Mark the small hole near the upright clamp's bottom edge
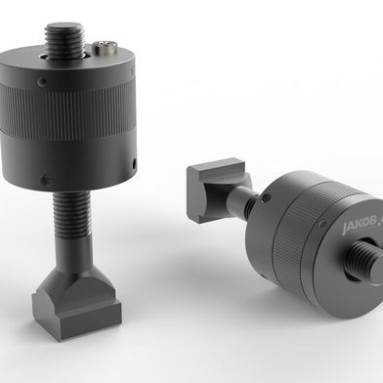46,179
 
